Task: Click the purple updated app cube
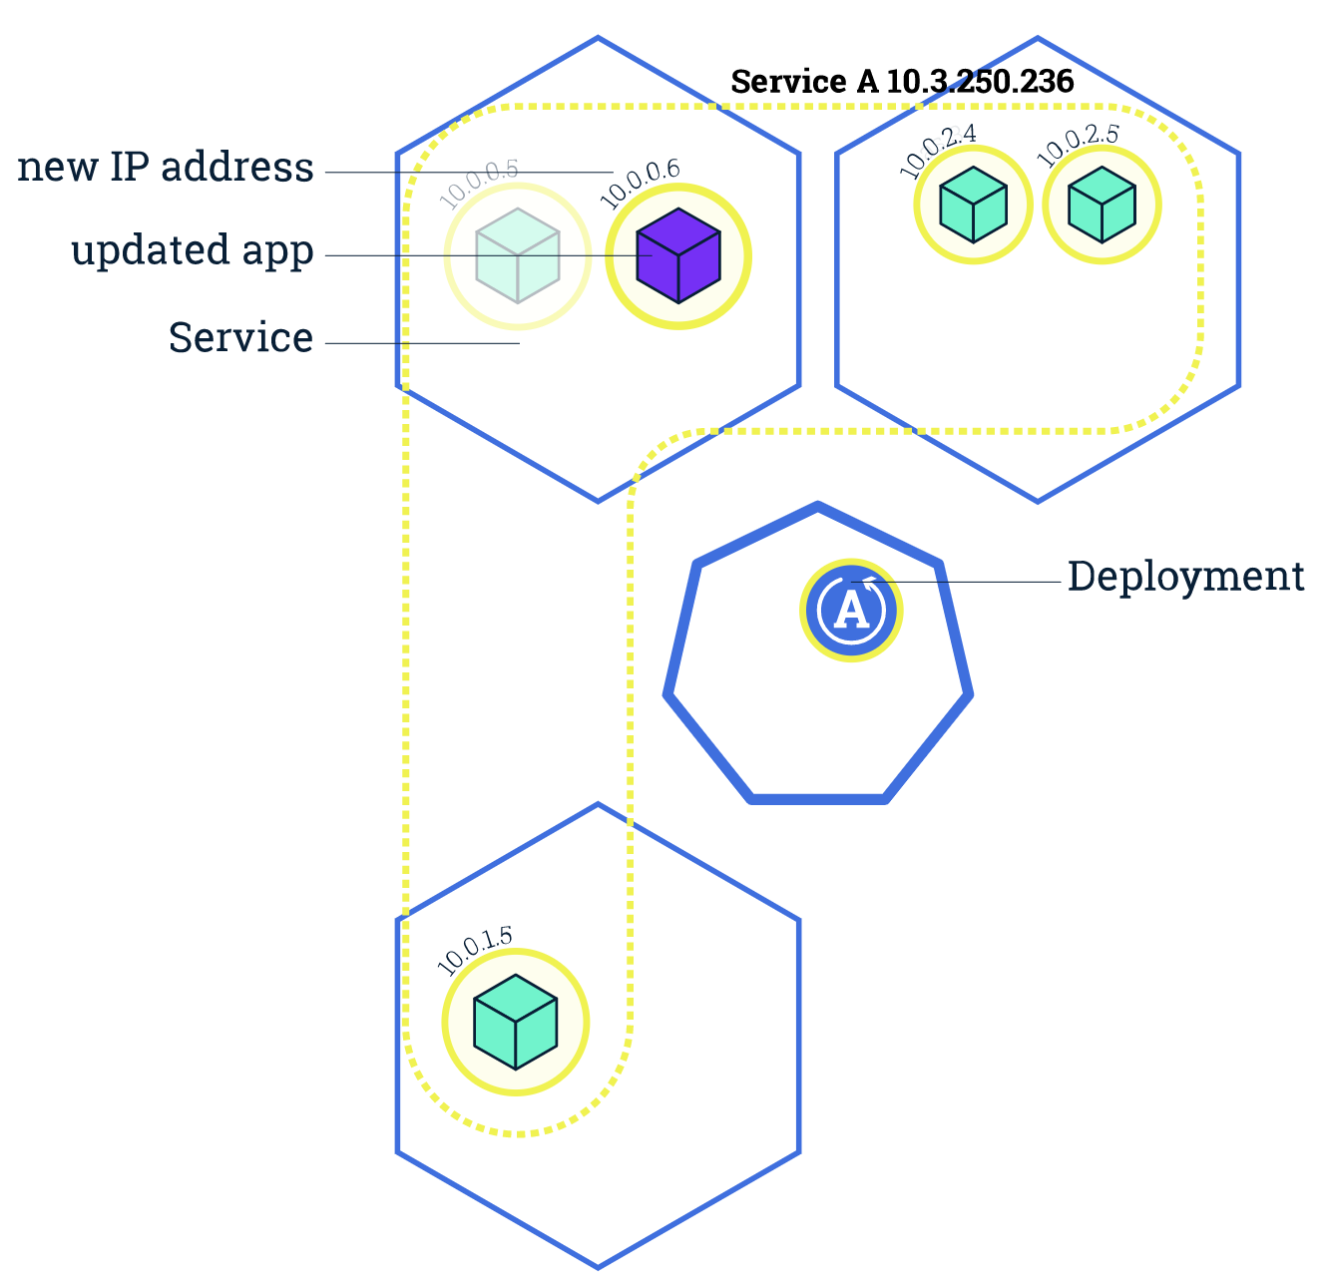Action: pyautogui.click(x=678, y=256)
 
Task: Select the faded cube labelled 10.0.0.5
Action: pyautogui.click(x=517, y=255)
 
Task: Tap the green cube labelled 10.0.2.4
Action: pyautogui.click(x=972, y=205)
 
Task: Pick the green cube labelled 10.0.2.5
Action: pyautogui.click(x=1102, y=205)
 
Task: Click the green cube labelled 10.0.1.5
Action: pyautogui.click(x=515, y=1022)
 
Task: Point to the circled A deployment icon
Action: pyautogui.click(x=851, y=610)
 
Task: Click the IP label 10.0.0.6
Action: pyautogui.click(x=641, y=183)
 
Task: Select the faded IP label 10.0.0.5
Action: pyautogui.click(x=479, y=183)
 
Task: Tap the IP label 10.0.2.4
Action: pyautogui.click(x=938, y=151)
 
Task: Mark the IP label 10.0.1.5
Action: pyautogui.click(x=475, y=950)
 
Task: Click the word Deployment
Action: pyautogui.click(x=1185, y=577)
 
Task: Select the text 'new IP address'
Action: pyautogui.click(x=166, y=168)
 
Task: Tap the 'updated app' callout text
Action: pyautogui.click(x=193, y=250)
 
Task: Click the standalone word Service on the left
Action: pyautogui.click(x=240, y=338)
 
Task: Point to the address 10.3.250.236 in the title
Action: pyautogui.click(x=980, y=82)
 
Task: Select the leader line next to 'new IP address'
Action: pyautogui.click(x=469, y=173)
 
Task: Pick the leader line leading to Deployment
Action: pyautogui.click(x=958, y=582)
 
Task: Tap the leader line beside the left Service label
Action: pyautogui.click(x=422, y=344)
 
